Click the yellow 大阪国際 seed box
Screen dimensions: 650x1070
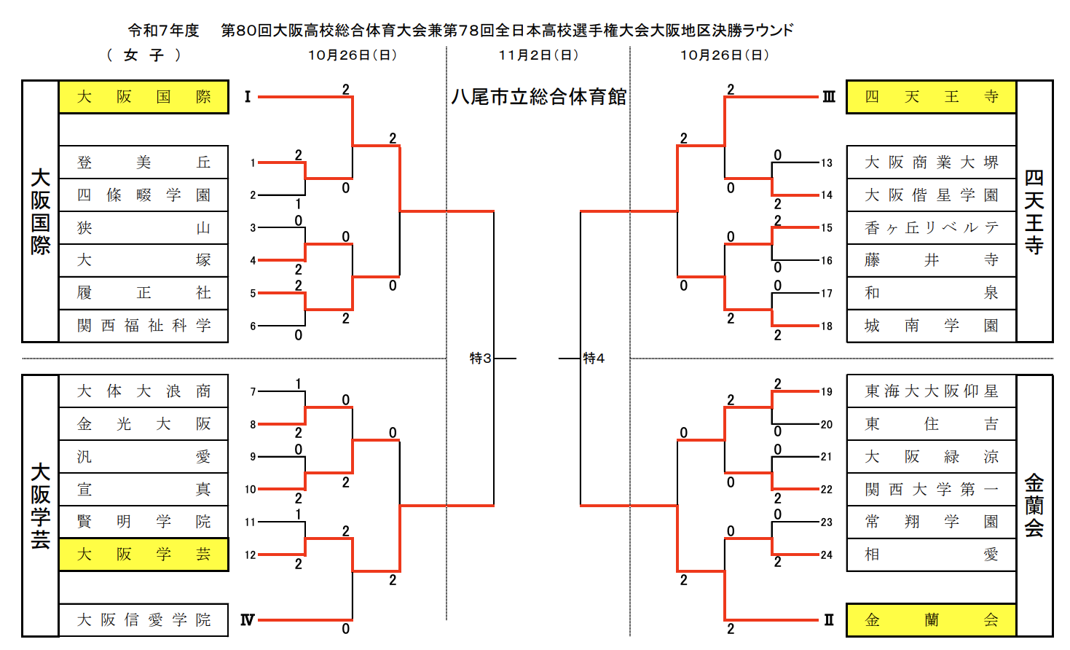[143, 97]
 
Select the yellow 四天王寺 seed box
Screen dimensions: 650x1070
[931, 97]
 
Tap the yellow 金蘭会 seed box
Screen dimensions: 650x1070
[931, 620]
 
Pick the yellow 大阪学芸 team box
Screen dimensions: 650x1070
[143, 555]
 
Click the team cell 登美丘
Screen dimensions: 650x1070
[143, 162]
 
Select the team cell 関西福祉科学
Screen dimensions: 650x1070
[143, 326]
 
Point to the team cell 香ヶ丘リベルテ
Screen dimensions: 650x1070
[931, 228]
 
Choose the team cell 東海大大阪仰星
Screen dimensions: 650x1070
[931, 391]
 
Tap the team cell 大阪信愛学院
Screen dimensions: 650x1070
[143, 620]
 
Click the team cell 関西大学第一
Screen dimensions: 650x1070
[931, 490]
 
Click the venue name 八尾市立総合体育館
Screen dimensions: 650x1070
[538, 97]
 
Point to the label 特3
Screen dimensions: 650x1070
[480, 359]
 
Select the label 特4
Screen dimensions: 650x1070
[594, 359]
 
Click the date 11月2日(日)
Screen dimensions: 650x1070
[538, 55]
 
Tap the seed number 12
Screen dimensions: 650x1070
[251, 555]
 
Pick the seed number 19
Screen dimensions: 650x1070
[826, 392]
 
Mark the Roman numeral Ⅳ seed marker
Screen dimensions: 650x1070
[248, 620]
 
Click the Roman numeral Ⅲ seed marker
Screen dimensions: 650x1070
[829, 97]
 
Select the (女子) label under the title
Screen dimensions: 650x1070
[143, 55]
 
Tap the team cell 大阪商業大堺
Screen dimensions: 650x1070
[931, 162]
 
